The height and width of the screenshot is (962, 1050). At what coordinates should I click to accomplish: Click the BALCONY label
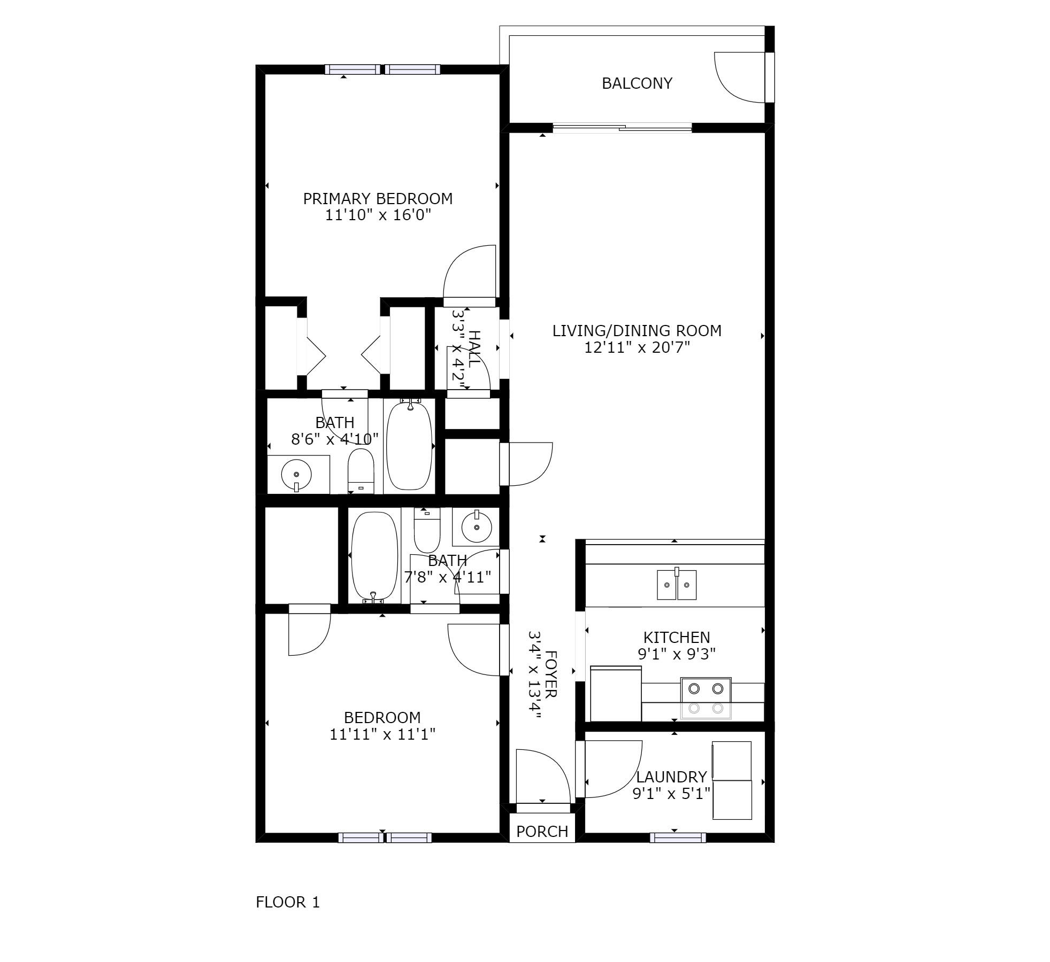(637, 83)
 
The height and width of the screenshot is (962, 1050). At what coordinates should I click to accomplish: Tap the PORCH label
(542, 832)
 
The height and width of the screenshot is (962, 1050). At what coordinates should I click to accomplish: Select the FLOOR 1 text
(287, 902)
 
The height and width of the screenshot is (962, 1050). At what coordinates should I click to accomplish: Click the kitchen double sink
(677, 585)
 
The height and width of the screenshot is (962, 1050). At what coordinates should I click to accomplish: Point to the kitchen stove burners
(706, 698)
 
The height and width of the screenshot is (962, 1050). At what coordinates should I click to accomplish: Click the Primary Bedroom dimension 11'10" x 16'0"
(378, 215)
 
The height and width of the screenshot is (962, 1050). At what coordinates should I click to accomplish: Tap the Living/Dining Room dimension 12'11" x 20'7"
(637, 347)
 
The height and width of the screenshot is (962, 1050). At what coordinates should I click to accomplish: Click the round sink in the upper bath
(296, 474)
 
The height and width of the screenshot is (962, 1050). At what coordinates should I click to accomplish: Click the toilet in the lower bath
(427, 531)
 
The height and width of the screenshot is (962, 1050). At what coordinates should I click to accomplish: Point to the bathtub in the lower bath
(374, 556)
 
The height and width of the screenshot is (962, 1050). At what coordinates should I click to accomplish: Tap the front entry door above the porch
(542, 777)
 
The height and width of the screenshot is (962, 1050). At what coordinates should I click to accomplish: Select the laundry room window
(677, 837)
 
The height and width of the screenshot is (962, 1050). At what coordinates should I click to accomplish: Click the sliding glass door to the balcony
(622, 128)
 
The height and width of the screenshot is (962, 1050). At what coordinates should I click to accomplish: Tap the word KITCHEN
(676, 638)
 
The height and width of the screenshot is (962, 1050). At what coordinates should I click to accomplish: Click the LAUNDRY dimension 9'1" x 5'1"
(671, 794)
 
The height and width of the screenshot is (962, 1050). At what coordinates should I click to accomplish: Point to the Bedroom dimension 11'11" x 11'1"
(382, 734)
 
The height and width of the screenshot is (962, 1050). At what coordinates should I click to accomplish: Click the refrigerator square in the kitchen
(615, 694)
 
